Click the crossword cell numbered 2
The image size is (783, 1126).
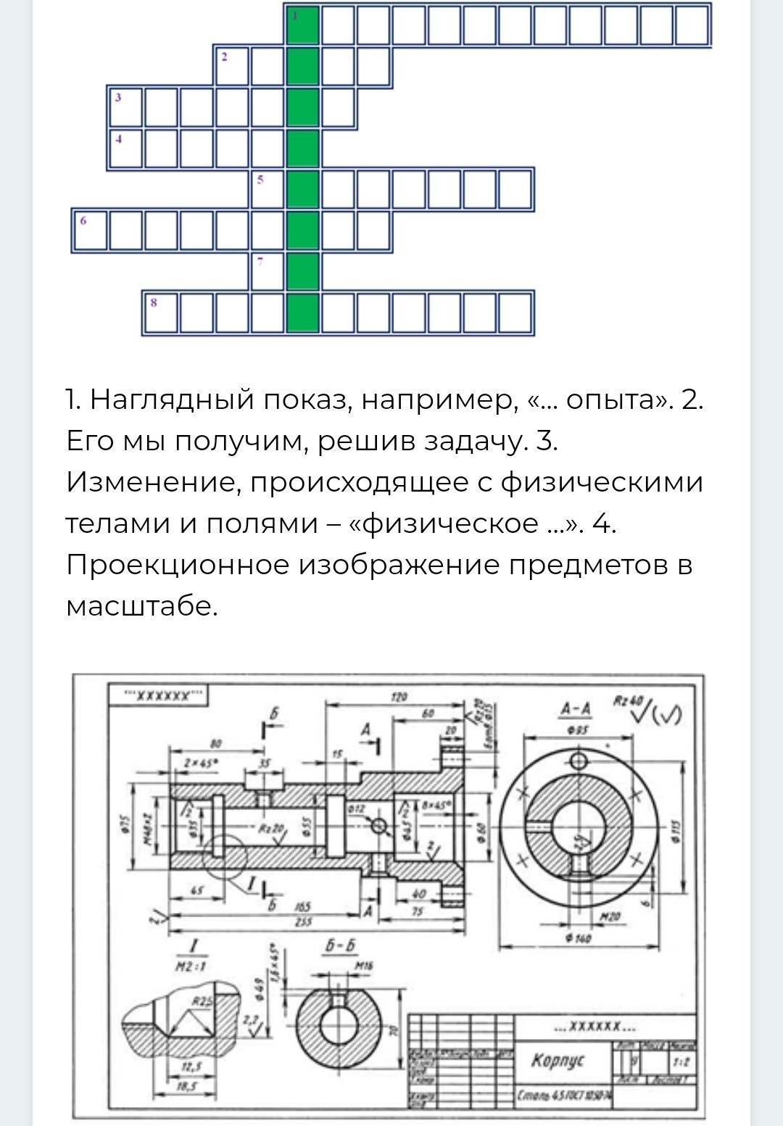(x=232, y=66)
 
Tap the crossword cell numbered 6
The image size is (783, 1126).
(x=91, y=231)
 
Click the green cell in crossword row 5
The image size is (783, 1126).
(x=303, y=189)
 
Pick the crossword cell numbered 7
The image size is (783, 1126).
(x=268, y=271)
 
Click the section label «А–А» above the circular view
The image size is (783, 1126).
(x=576, y=708)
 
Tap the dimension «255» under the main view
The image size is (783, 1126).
(x=300, y=922)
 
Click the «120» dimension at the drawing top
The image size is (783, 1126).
(x=399, y=697)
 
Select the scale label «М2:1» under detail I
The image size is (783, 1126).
(x=191, y=966)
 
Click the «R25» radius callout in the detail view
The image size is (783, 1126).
(x=202, y=1002)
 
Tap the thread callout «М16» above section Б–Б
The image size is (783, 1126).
(x=364, y=966)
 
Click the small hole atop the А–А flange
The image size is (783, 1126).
(x=579, y=761)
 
